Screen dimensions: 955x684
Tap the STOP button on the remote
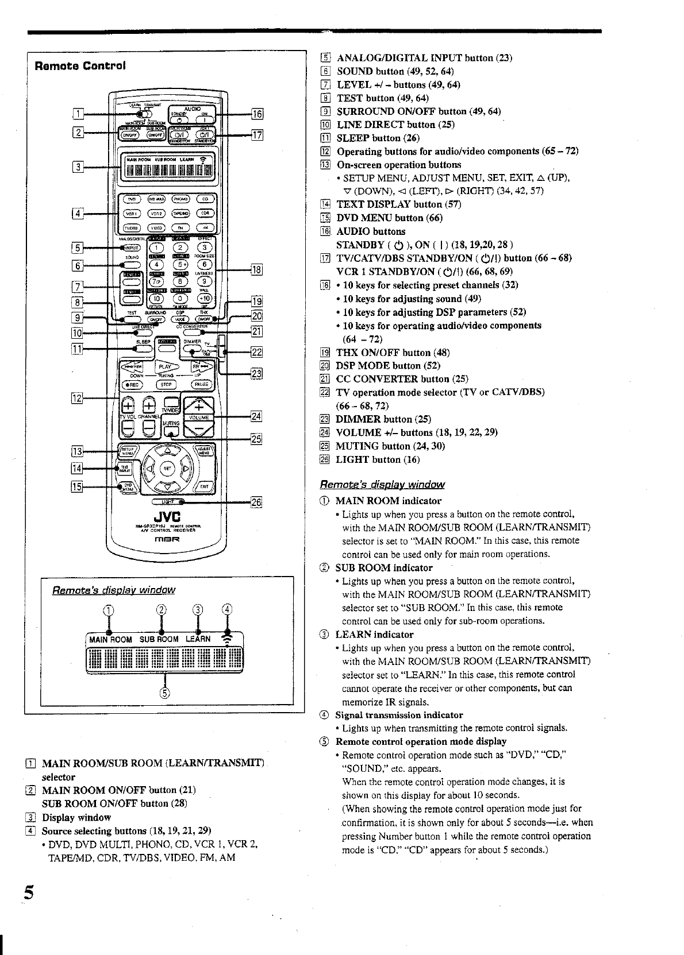(x=166, y=385)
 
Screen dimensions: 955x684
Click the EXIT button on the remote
(x=204, y=487)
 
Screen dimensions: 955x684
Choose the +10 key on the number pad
(x=205, y=298)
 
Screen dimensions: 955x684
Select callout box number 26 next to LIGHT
(x=256, y=502)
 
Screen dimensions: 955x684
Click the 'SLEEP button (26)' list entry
(x=378, y=138)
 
